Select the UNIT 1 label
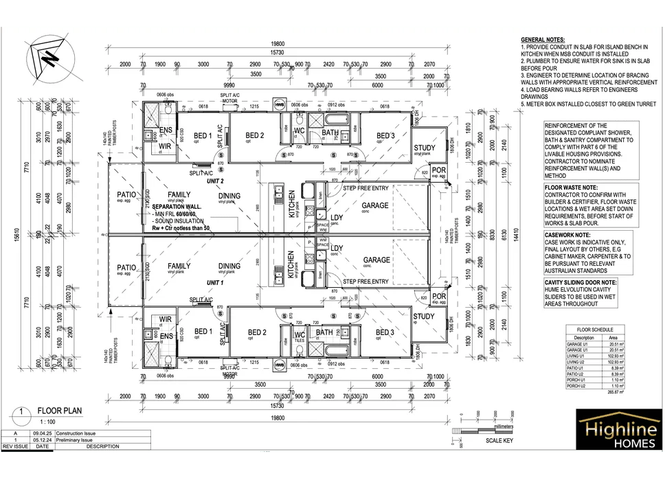(x=215, y=283)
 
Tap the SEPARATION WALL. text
(x=177, y=207)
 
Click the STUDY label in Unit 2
(x=425, y=148)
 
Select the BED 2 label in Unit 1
(x=256, y=333)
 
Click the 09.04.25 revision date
(x=41, y=433)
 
